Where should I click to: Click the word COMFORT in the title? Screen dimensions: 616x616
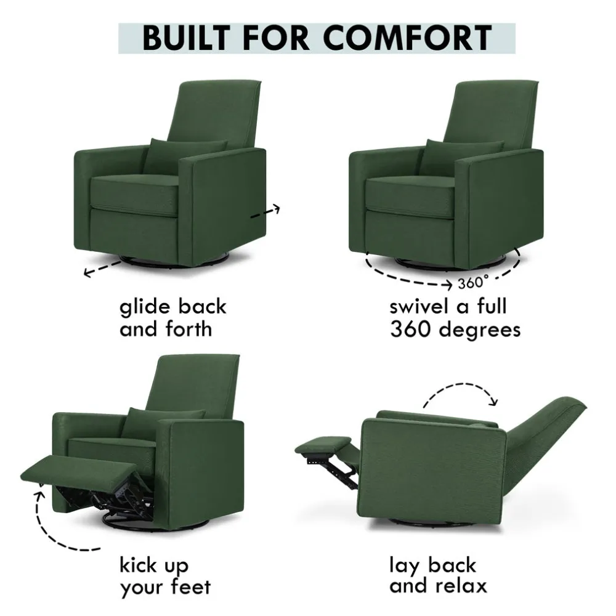pyautogui.click(x=408, y=38)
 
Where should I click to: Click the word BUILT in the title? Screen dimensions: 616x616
pyautogui.click(x=186, y=38)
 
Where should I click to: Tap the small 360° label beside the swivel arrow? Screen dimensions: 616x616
pyautogui.click(x=473, y=282)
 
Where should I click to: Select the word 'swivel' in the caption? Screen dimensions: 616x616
pyautogui.click(x=419, y=306)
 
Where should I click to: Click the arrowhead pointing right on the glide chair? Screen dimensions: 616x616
pyautogui.click(x=277, y=208)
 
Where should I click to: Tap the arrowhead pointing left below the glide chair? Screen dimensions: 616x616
pyautogui.click(x=88, y=272)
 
